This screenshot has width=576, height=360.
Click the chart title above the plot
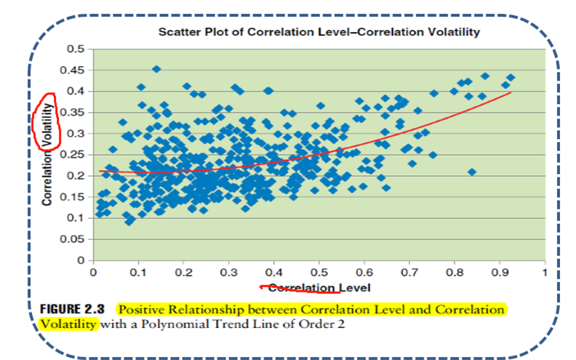click(319, 33)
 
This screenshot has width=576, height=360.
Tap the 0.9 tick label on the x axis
click(499, 273)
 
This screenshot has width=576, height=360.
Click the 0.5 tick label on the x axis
click(319, 273)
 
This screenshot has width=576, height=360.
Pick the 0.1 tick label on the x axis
click(137, 273)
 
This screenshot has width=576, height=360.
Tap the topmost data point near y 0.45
click(156, 69)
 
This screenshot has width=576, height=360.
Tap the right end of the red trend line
click(511, 92)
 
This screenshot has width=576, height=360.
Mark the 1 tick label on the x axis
click(544, 273)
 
